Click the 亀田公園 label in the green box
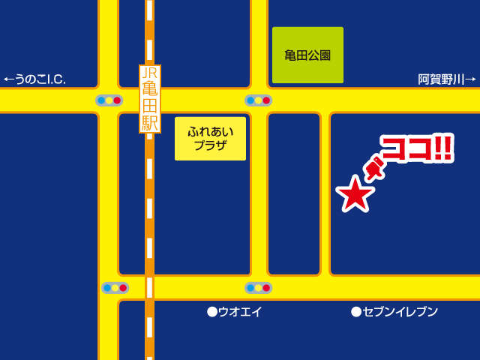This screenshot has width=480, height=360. (x=307, y=55)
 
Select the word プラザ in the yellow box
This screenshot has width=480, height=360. (x=210, y=145)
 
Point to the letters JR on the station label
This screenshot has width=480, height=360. (x=150, y=73)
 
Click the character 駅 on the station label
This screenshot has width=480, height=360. (x=150, y=122)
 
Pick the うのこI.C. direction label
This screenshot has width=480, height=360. (x=40, y=79)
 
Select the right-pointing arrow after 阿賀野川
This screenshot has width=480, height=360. (x=470, y=79)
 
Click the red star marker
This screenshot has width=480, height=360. (x=355, y=194)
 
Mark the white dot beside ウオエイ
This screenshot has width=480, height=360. (x=212, y=312)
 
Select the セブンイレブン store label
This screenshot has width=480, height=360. (x=400, y=312)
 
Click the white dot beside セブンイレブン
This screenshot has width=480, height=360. (x=356, y=312)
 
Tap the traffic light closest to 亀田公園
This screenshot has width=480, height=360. (x=258, y=100)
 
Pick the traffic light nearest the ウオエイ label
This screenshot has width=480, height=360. (x=258, y=288)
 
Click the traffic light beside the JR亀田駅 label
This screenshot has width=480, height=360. (x=109, y=100)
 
